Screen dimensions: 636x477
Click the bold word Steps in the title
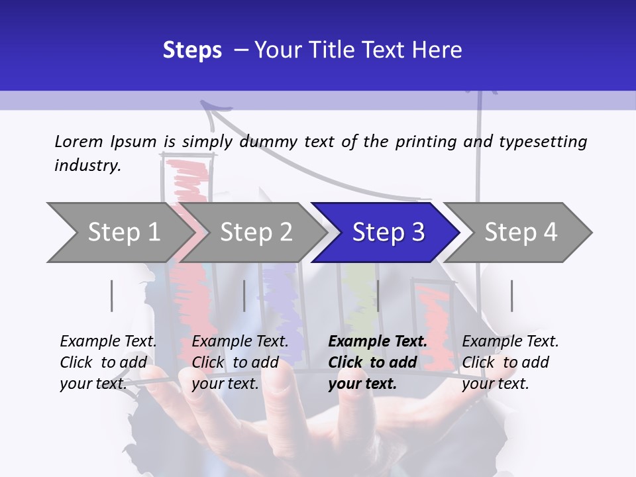click(x=192, y=50)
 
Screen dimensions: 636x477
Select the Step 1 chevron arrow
click(x=121, y=233)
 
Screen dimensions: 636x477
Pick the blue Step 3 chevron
click(x=386, y=233)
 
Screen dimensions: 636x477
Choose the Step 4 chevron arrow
click(x=517, y=233)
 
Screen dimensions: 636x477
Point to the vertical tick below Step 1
click(x=111, y=295)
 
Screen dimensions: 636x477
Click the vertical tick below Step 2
click(x=244, y=295)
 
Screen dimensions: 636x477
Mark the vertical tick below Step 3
click(x=378, y=295)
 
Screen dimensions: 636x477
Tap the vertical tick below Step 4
click(x=512, y=295)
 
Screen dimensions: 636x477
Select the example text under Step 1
click(x=108, y=362)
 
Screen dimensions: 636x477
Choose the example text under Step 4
click(x=510, y=362)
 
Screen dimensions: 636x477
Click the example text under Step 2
click(x=240, y=362)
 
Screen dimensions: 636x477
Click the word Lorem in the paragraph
click(x=79, y=142)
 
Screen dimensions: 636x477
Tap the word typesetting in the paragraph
click(x=543, y=142)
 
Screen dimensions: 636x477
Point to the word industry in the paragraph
click(x=87, y=166)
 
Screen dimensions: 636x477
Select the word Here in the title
click(x=437, y=50)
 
